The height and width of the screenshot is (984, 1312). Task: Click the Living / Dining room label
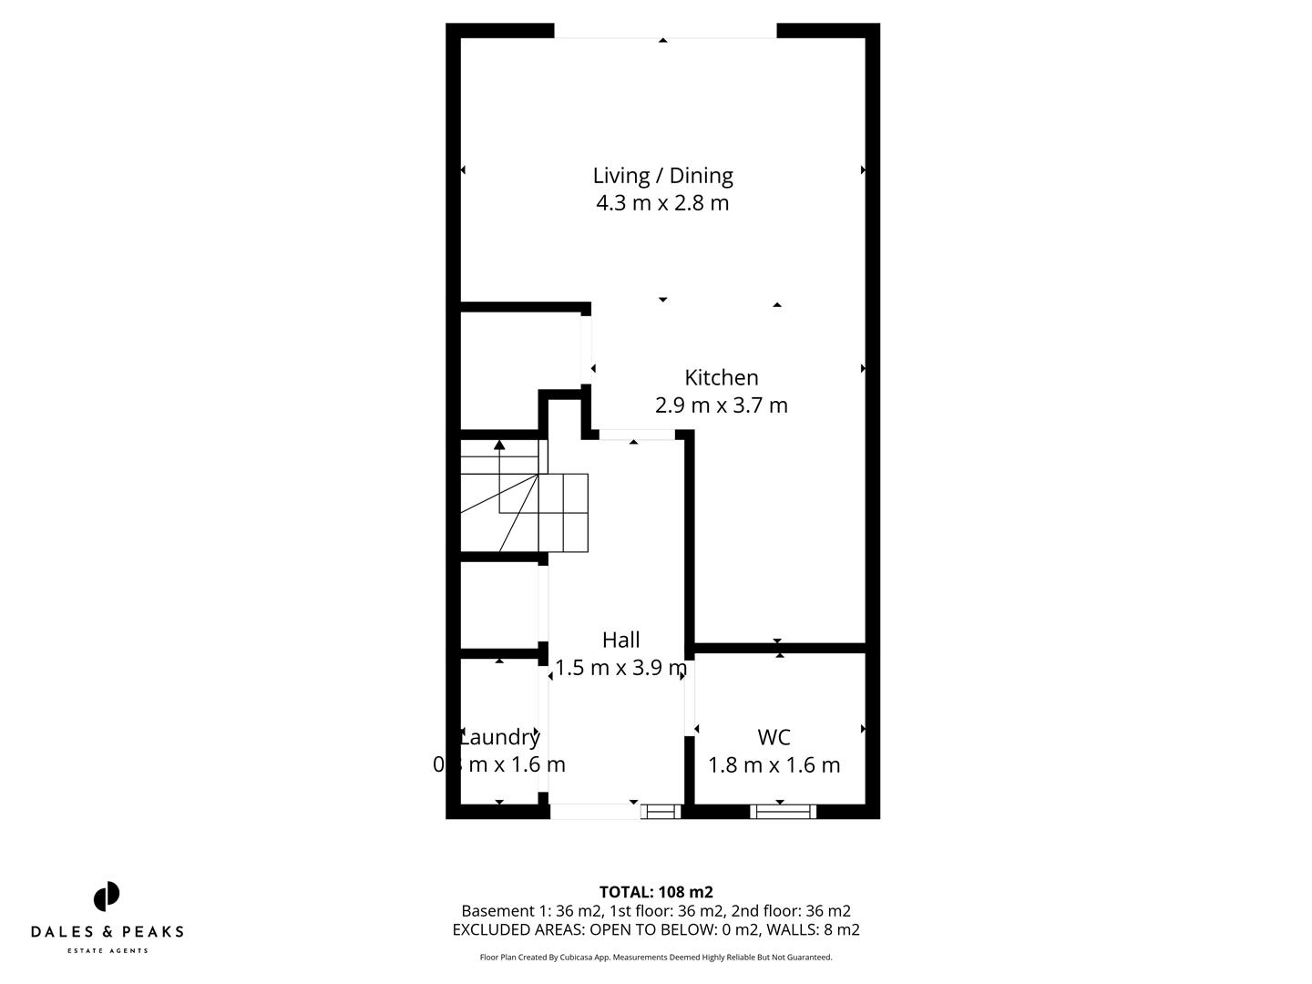pos(662,175)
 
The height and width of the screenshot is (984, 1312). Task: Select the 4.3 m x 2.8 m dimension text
pos(662,202)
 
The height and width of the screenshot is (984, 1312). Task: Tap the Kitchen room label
pos(721,377)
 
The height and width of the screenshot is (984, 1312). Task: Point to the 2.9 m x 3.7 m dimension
pos(721,405)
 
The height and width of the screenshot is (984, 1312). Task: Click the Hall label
pos(620,640)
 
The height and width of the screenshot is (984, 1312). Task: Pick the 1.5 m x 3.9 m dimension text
pos(620,668)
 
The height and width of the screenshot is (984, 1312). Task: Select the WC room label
pos(774,737)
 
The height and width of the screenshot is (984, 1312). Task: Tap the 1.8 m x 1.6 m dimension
pos(774,764)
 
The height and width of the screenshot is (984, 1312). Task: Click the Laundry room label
pos(499,737)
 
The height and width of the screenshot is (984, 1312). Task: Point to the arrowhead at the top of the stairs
pos(499,445)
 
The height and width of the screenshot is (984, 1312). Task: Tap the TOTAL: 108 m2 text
pos(655,892)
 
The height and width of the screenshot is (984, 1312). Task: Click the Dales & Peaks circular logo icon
pos(107,897)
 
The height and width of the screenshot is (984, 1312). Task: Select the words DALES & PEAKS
pos(107,931)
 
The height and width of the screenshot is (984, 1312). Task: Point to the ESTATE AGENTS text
pos(107,951)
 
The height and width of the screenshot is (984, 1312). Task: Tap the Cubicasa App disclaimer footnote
pos(655,958)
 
